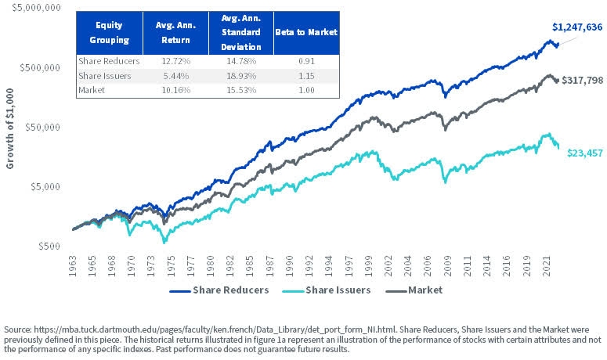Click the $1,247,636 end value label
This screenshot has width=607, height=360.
pos(576,27)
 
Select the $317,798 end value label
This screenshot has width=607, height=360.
pos(582,81)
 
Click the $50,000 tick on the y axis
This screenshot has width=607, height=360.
pos(40,127)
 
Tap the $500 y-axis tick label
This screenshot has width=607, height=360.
pos(49,246)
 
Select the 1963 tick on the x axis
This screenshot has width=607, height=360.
pos(73,265)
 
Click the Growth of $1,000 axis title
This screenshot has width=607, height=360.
pos(10,126)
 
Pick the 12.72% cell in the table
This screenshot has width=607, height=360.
pos(175,61)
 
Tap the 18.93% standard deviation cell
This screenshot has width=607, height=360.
pos(240,76)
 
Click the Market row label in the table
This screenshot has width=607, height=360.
pos(93,90)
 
